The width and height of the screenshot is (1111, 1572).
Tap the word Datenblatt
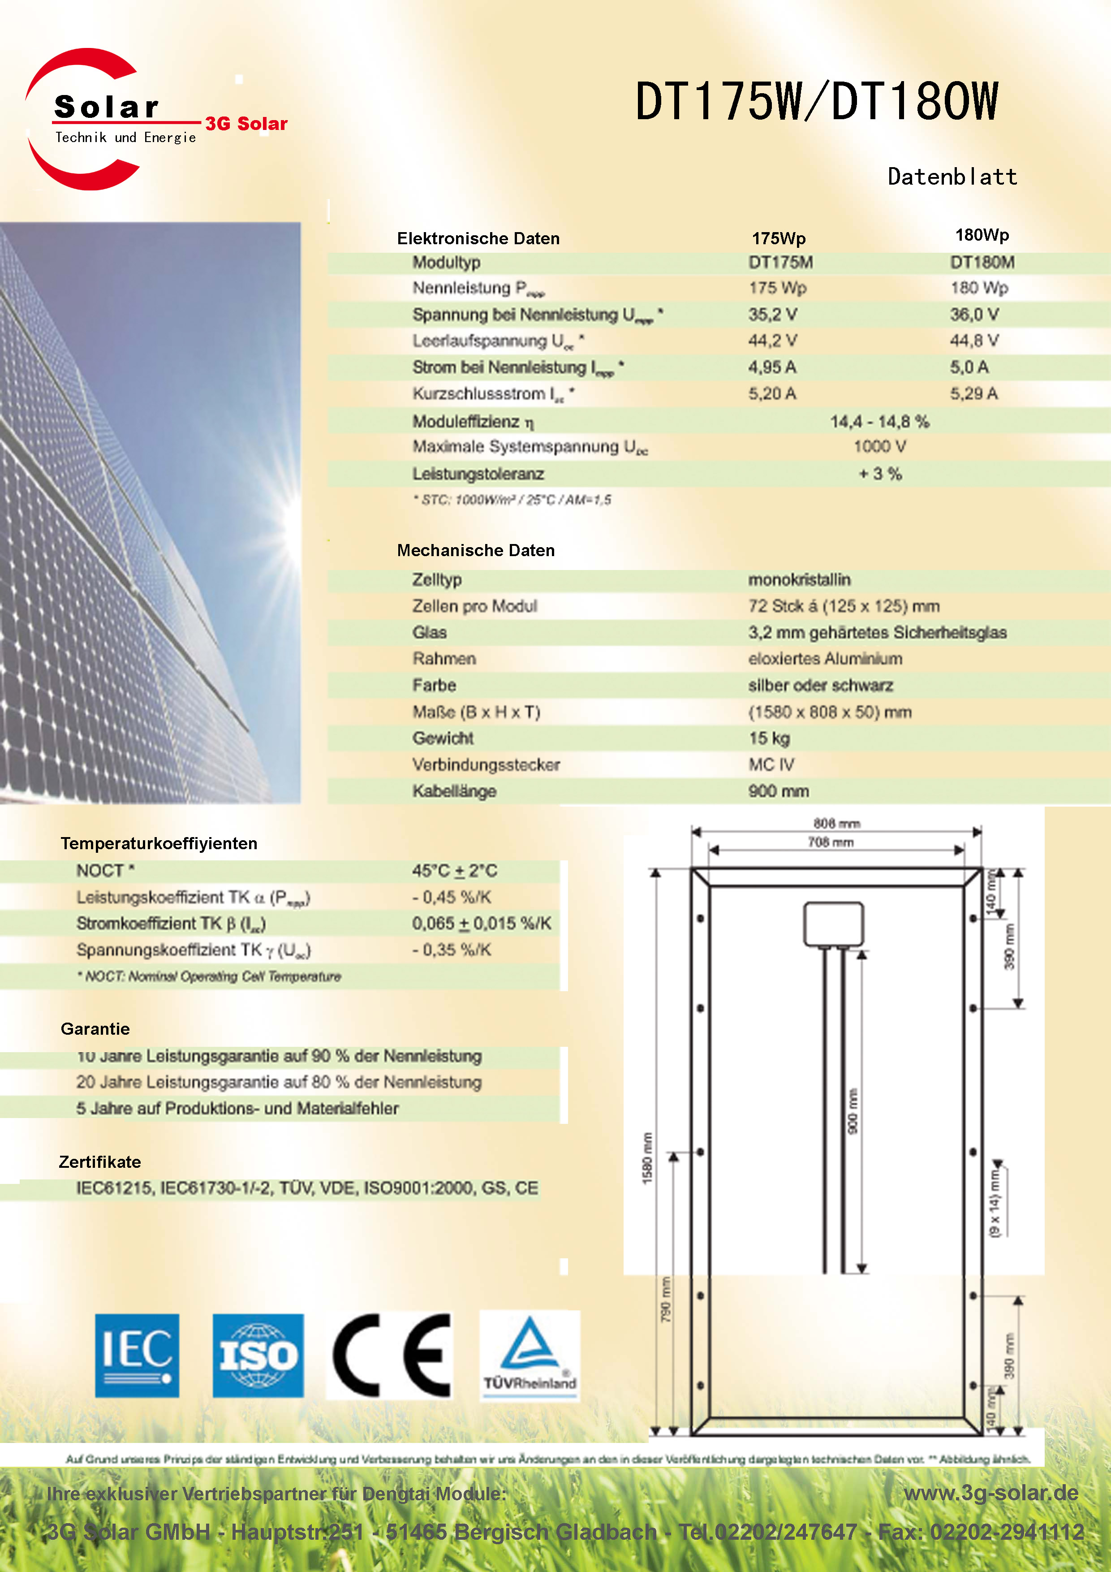pyautogui.click(x=952, y=177)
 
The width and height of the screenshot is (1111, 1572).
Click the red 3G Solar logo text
pyautogui.click(x=246, y=124)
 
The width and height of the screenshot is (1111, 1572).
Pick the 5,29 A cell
pyautogui.click(x=973, y=394)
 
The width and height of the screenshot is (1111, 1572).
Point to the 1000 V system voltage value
pyautogui.click(x=880, y=447)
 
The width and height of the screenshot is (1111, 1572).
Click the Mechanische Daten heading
pyautogui.click(x=476, y=550)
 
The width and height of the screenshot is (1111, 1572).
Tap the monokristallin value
pyautogui.click(x=799, y=580)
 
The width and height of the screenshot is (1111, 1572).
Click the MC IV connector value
pyautogui.click(x=771, y=765)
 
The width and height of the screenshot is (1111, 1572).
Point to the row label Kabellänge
pyautogui.click(x=454, y=791)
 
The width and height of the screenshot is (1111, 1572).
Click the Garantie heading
pyautogui.click(x=95, y=1029)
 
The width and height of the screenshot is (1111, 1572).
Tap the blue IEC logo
pyautogui.click(x=137, y=1356)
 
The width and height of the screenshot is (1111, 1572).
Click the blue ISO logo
pyautogui.click(x=258, y=1356)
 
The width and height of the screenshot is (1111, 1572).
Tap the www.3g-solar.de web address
pyautogui.click(x=990, y=1493)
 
